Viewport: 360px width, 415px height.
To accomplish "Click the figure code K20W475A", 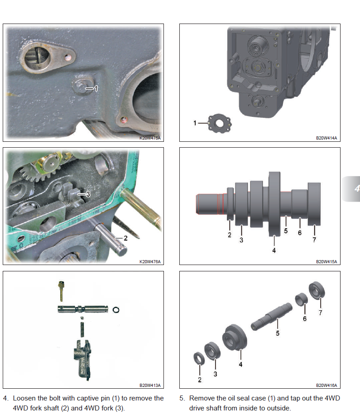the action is tap(150, 138).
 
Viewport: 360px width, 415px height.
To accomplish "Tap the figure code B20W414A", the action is tap(326, 138).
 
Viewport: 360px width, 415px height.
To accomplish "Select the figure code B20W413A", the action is tap(150, 385).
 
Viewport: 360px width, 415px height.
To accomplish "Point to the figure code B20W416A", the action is tap(326, 385).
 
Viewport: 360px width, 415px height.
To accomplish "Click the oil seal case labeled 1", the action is tap(220, 124).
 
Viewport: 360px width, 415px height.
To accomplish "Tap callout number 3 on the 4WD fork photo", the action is tap(88, 194).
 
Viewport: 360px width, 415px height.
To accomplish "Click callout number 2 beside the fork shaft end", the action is tap(125, 238).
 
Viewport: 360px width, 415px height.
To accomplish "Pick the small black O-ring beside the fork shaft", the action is tap(116, 309).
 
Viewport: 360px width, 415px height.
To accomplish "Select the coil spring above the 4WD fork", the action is tap(82, 329).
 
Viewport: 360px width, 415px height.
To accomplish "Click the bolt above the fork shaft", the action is tap(61, 291).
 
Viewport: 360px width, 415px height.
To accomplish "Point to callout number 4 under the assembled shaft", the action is tap(274, 251).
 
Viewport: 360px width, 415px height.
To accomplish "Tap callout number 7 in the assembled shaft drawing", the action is tap(314, 240).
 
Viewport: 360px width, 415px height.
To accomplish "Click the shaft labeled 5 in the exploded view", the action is tap(272, 316).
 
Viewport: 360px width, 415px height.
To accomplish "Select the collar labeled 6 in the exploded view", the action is tap(301, 299).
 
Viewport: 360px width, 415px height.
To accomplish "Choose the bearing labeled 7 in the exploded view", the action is tap(317, 290).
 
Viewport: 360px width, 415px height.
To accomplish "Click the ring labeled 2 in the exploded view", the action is tap(199, 359).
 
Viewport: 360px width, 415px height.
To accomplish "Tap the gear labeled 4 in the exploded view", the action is tap(235, 338).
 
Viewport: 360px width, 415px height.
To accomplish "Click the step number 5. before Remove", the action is tap(182, 398).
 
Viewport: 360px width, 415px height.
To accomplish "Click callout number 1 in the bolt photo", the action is tap(96, 88).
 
